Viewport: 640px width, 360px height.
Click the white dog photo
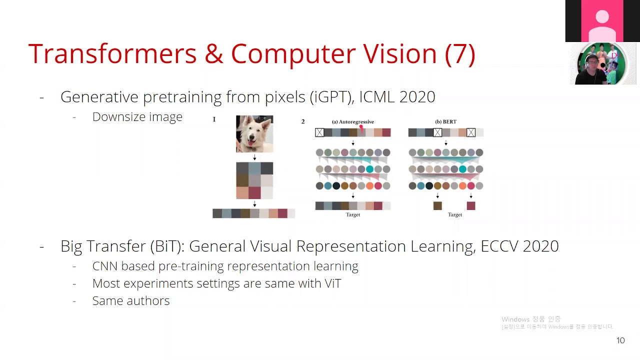tap(254, 134)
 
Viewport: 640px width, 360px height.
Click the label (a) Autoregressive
tap(352, 121)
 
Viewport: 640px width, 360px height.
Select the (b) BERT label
tap(445, 121)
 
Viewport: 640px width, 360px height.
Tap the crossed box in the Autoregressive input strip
tap(319, 132)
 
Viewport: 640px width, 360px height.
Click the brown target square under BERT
tap(437, 205)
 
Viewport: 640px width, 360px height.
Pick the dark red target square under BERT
tap(471, 205)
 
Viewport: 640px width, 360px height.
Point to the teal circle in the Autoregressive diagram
tap(369, 169)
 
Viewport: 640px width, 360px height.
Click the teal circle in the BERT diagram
tap(462, 169)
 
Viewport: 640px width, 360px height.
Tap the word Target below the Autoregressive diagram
tap(352, 214)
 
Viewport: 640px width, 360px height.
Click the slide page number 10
tap(620, 340)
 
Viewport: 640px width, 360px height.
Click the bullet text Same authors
tap(131, 301)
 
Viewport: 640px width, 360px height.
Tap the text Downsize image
tap(137, 117)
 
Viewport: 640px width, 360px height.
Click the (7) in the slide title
tap(459, 54)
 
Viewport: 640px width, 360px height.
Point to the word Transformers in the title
tap(112, 54)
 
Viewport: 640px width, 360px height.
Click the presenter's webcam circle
tap(601, 64)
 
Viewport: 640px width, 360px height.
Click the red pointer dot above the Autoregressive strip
tap(361, 127)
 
